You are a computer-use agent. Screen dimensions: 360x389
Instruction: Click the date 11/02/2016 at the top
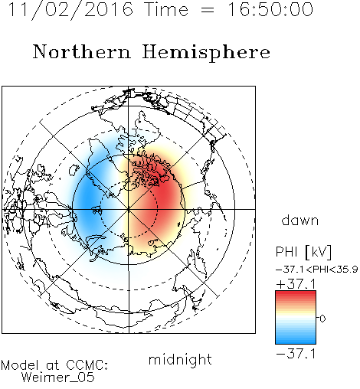tap(70, 10)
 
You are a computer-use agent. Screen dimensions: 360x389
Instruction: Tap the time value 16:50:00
tap(270, 9)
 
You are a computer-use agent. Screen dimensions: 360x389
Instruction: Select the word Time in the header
tap(166, 9)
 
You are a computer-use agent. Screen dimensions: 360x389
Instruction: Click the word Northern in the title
tap(82, 51)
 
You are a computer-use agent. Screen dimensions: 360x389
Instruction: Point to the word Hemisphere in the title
tap(206, 52)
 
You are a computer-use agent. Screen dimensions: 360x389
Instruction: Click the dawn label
tap(300, 220)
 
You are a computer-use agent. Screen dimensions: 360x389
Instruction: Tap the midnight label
tap(180, 359)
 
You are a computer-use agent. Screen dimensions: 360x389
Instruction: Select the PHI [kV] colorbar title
tap(303, 252)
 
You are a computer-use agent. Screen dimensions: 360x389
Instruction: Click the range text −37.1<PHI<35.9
tap(317, 270)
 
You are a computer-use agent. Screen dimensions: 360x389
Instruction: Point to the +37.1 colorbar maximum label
tap(296, 284)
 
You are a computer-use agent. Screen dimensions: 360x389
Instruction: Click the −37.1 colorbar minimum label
tap(296, 354)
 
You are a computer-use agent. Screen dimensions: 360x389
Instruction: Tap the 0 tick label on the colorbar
tap(322, 319)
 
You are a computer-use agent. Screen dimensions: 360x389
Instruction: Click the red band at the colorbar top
tap(296, 295)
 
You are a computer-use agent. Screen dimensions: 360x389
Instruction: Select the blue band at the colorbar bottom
tap(296, 339)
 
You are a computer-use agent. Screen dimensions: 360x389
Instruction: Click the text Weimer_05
tap(58, 378)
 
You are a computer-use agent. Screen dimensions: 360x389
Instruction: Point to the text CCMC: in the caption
tap(87, 365)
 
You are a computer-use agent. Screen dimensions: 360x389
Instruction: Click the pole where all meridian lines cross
tap(129, 209)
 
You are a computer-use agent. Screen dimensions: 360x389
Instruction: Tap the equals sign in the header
tap(208, 11)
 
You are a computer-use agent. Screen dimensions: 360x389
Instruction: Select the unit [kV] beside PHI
tap(318, 252)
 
